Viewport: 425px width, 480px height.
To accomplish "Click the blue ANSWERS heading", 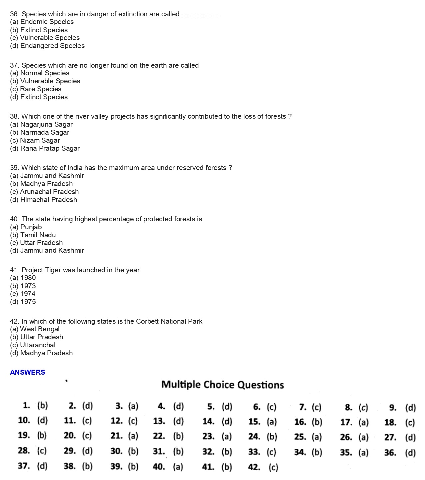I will point(27,372).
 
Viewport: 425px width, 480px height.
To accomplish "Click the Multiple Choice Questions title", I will point(222,385).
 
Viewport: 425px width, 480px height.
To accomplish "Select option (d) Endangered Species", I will point(47,46).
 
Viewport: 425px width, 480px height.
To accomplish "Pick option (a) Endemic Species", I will point(42,22).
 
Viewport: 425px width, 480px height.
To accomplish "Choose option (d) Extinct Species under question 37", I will point(39,97).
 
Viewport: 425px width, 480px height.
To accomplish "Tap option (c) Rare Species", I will point(36,89).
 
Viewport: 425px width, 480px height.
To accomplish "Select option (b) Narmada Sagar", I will point(40,132).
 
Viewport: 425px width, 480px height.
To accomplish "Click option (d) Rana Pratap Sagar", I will point(45,148).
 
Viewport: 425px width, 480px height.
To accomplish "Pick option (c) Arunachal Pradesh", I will point(44,192).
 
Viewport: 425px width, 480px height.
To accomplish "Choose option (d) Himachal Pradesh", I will point(43,200).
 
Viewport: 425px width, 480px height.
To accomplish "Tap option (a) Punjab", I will point(26,227).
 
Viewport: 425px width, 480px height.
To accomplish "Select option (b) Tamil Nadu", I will point(33,235).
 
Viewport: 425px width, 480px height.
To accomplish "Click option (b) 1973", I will point(23,286).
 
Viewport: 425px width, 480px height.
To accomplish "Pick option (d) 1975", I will point(23,302).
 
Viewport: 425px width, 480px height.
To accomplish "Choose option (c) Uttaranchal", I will point(33,345).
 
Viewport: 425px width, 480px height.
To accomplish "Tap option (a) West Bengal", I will point(35,329).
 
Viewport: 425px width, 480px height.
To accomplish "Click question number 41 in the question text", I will point(14,270).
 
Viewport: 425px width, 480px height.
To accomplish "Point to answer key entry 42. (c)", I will point(263,467).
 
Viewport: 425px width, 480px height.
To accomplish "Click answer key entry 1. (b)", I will point(35,406).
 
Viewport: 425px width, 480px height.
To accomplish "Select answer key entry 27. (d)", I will point(400,437).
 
